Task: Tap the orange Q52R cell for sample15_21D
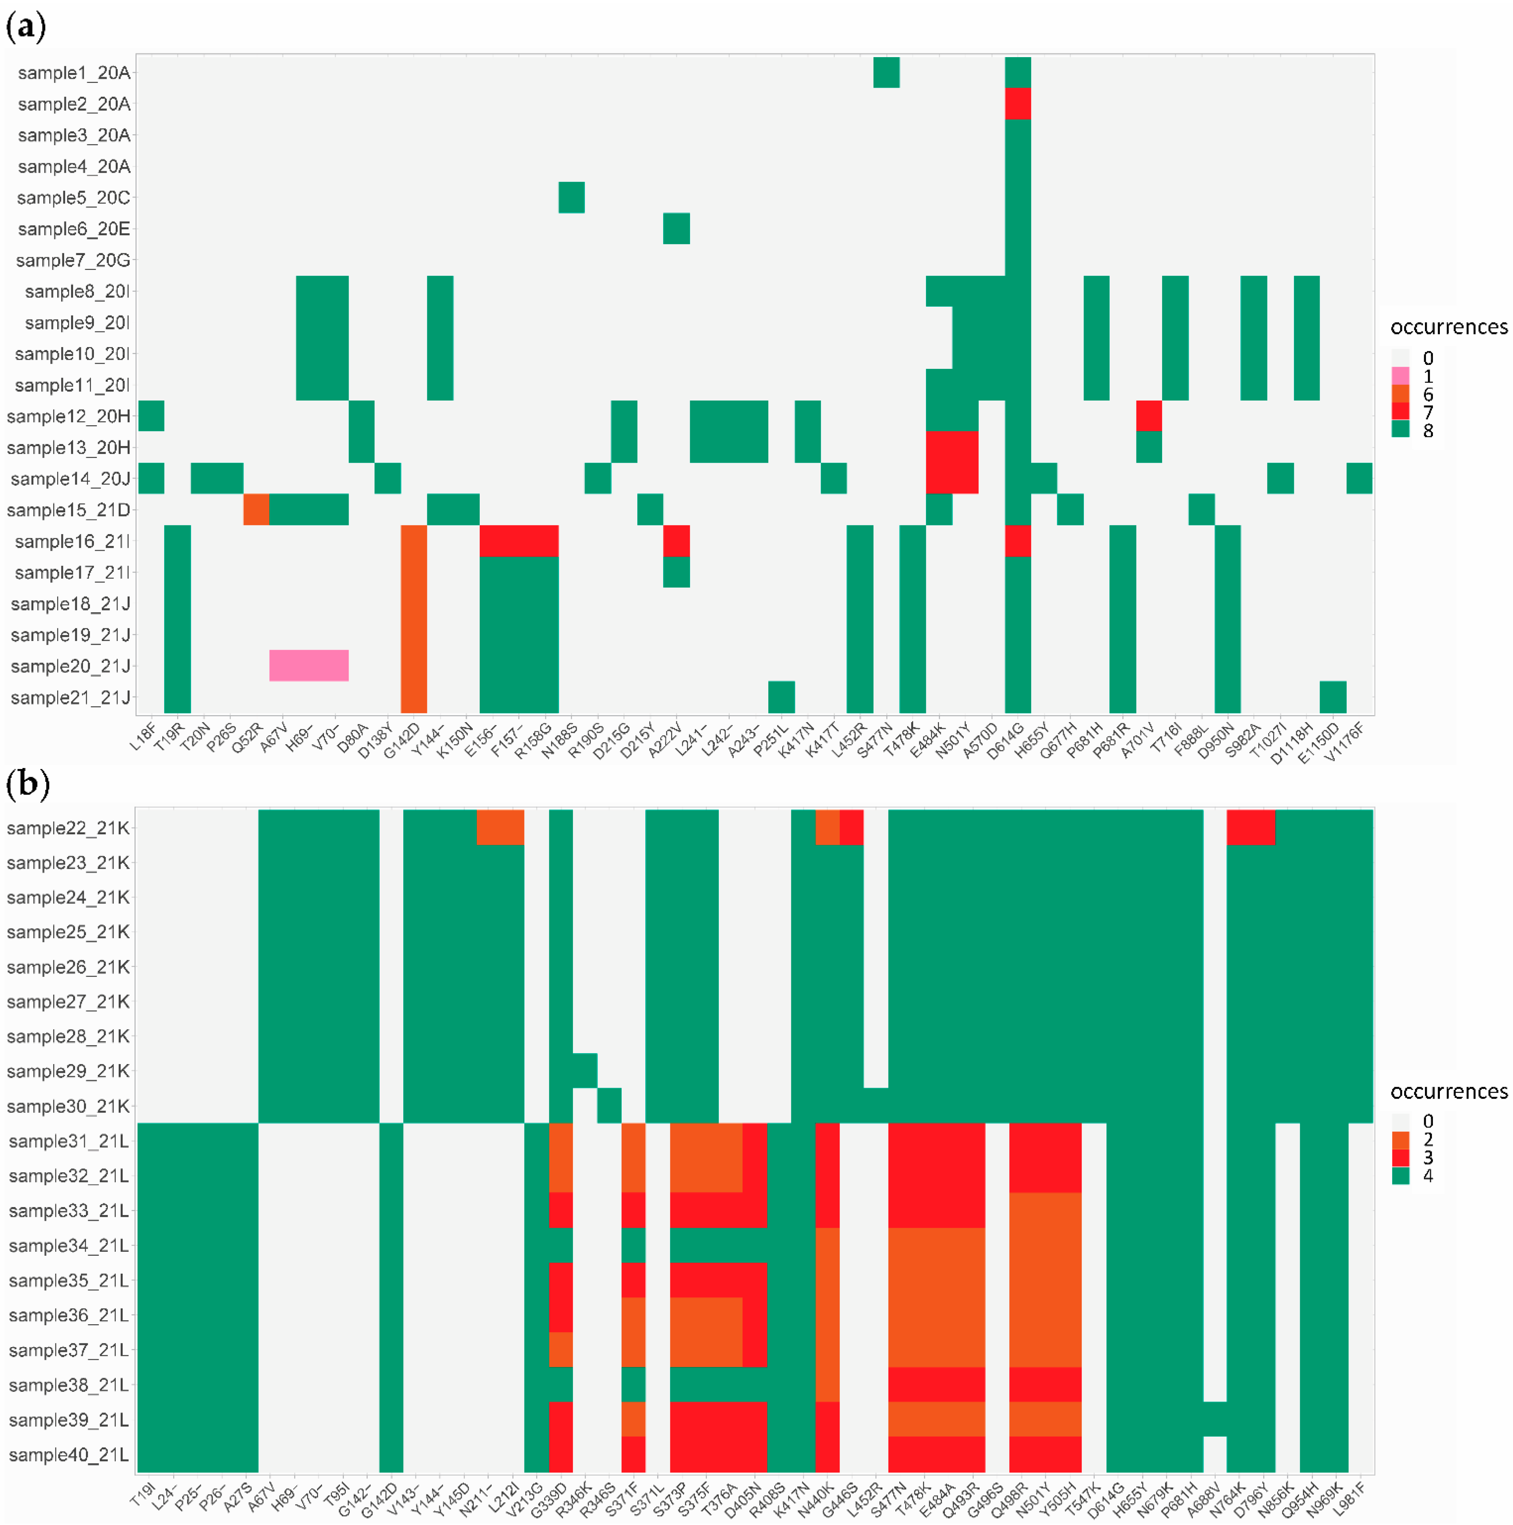click(256, 509)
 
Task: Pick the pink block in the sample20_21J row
click(309, 665)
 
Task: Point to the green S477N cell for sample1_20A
click(886, 73)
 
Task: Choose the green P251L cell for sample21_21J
click(781, 697)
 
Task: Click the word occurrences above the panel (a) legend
click(1448, 327)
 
